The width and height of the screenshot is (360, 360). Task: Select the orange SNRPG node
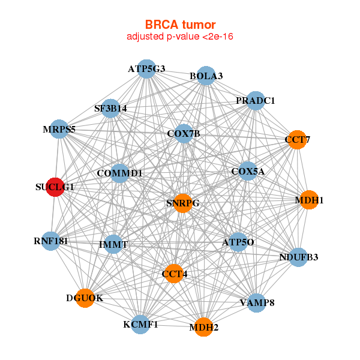point(182,203)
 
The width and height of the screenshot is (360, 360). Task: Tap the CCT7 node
point(297,140)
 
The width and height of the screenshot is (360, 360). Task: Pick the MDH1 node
point(308,200)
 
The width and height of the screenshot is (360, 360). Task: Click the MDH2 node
point(203,327)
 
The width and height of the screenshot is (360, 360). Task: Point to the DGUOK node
point(85,298)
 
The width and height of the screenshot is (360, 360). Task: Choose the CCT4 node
point(174,274)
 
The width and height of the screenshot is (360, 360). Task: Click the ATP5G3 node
point(146,69)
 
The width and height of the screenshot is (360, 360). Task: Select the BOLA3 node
point(206,76)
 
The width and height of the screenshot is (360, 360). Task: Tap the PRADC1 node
point(255,101)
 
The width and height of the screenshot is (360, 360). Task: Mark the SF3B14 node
point(110,109)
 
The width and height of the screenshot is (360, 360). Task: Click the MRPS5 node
point(59,128)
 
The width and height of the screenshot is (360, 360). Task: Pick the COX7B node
point(184,133)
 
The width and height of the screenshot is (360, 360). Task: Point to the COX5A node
point(248,172)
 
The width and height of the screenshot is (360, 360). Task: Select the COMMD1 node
point(120,173)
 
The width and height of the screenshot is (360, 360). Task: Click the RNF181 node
point(51,242)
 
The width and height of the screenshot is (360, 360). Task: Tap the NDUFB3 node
point(298,257)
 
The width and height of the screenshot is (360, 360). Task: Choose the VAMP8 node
point(257,302)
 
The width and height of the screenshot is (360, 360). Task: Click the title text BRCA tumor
point(180,25)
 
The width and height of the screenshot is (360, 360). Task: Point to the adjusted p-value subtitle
point(180,37)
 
